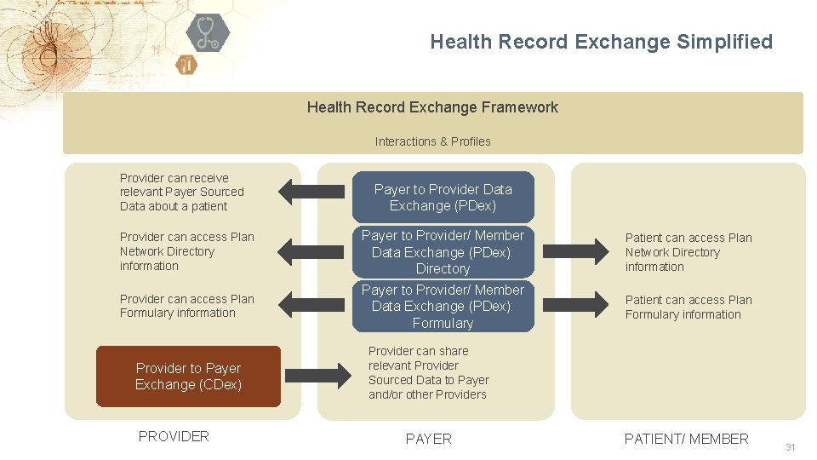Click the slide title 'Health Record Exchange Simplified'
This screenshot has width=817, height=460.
coord(601,42)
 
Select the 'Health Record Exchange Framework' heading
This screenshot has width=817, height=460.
coord(432,107)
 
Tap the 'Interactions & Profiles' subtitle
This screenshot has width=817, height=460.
coord(432,141)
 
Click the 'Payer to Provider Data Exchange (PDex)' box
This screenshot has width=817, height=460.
coord(443,198)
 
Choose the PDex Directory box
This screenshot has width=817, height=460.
coord(443,251)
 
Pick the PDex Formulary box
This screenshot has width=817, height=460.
coord(443,306)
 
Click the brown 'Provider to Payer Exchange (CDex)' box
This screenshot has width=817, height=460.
coord(188,377)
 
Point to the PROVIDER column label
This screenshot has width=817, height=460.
coord(174,436)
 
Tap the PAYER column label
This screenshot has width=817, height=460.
coord(429,439)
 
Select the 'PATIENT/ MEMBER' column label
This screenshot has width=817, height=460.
coord(686,439)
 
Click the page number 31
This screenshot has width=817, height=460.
coord(790,447)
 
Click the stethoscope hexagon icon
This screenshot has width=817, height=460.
coord(207,33)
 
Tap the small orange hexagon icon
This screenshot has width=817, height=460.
coord(186,65)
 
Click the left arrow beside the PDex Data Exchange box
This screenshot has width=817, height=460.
coord(312,191)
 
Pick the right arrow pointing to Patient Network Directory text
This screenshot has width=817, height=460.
coord(574,251)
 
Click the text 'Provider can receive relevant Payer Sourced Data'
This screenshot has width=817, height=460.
coord(181,193)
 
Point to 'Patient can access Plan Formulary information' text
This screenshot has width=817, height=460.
coord(688,308)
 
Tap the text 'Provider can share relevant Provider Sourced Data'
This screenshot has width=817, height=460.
coord(428,373)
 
